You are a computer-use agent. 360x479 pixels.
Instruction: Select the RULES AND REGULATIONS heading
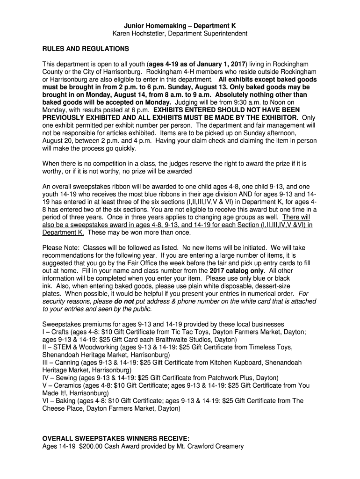[x=86, y=49]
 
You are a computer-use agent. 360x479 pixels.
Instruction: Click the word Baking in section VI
[x=64, y=400]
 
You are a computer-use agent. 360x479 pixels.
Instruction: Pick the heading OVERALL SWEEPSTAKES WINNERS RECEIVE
[x=116, y=438]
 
